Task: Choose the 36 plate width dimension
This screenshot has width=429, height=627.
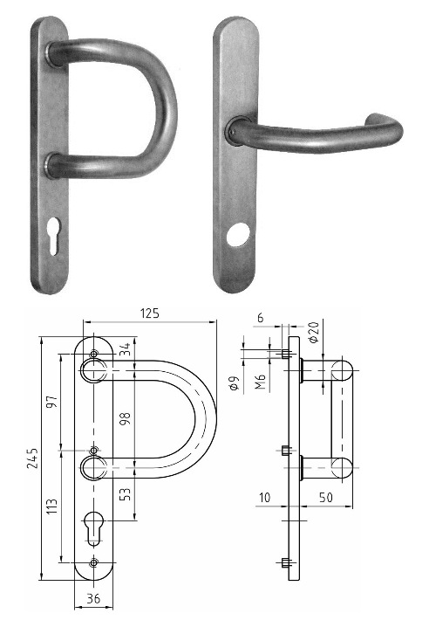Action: pos(94,600)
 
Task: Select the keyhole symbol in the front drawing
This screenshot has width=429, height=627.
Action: pos(94,528)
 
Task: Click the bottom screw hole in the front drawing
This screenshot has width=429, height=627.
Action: pos(94,563)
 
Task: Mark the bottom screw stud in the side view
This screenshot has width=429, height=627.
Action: pos(286,562)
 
